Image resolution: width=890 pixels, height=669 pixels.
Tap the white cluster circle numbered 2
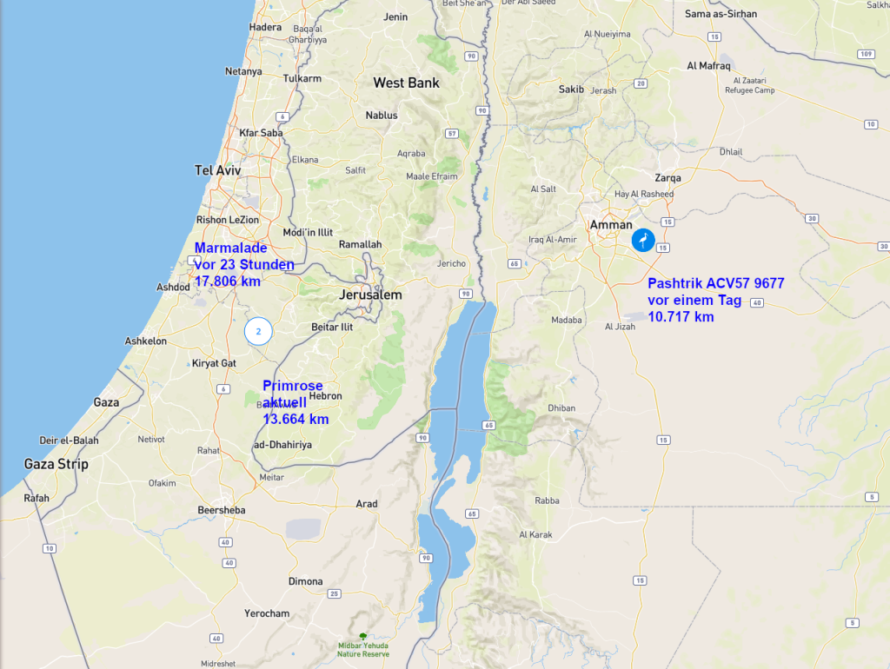click(258, 331)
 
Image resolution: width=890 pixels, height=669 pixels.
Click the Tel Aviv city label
click(217, 170)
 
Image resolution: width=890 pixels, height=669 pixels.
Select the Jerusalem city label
click(370, 295)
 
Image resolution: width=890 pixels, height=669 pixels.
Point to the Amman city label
click(611, 224)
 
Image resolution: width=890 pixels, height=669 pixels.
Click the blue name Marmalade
click(230, 248)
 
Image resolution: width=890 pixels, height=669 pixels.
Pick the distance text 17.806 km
click(228, 282)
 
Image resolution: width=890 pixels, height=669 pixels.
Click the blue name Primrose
click(293, 386)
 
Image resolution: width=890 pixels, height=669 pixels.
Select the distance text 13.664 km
click(296, 419)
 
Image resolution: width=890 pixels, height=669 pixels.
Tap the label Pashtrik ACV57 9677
click(717, 284)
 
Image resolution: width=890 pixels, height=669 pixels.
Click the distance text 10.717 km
click(681, 317)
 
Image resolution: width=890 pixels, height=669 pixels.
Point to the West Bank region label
click(406, 83)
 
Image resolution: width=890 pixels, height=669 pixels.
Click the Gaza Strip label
click(56, 464)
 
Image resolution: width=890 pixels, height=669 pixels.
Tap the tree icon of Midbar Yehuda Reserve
click(363, 636)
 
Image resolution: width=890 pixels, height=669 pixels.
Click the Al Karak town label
click(535, 534)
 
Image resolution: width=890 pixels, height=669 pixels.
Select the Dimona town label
click(305, 581)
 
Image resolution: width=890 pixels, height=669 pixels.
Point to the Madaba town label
click(566, 320)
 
